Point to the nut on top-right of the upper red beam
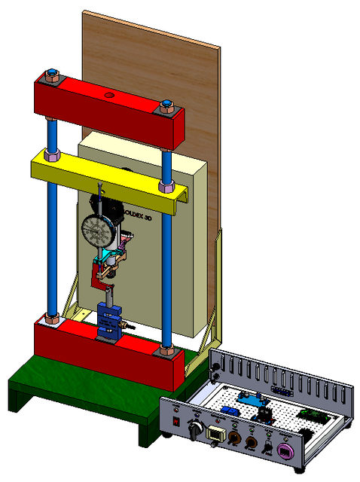click(166, 106)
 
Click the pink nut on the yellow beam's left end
click(52, 156)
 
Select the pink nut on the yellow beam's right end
click(166, 186)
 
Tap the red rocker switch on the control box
click(176, 421)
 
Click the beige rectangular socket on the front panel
click(215, 434)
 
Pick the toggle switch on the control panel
click(268, 447)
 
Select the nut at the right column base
click(166, 350)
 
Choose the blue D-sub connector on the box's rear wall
click(280, 391)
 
